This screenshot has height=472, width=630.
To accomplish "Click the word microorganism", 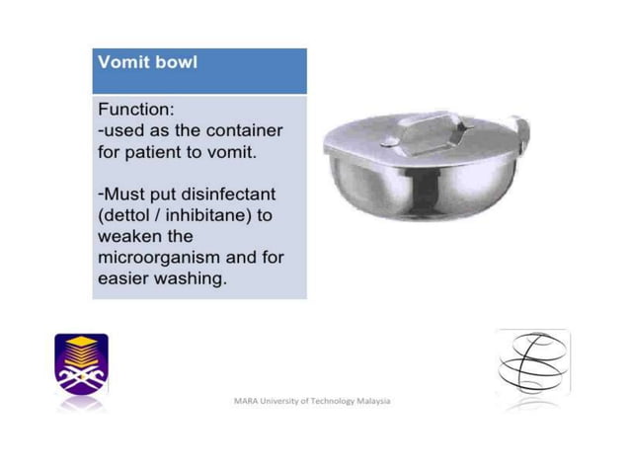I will (158, 259).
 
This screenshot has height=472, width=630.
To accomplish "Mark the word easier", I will (123, 280).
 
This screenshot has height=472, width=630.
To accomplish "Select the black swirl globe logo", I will (533, 364).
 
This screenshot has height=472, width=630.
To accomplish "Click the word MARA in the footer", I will (245, 402).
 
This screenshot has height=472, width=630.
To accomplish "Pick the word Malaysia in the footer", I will (372, 402).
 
